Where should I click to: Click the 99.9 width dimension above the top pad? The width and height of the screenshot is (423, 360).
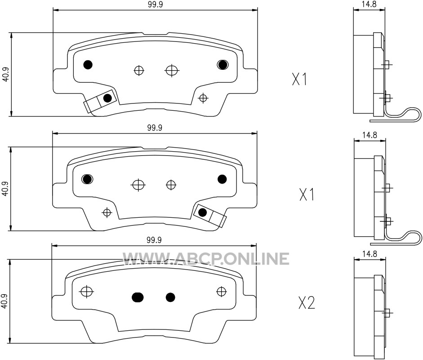click(x=155, y=4)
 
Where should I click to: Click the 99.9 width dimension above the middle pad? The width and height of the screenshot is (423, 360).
click(x=155, y=127)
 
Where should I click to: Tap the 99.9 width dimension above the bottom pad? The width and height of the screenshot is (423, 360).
click(x=154, y=240)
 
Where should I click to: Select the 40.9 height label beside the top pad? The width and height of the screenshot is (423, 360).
click(x=5, y=74)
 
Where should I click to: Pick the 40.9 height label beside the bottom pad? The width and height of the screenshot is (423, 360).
click(x=4, y=301)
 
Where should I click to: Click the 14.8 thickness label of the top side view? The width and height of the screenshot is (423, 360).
click(x=370, y=4)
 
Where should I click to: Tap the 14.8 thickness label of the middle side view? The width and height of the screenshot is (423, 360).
click(x=370, y=135)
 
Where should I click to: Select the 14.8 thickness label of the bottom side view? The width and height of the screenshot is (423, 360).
click(x=370, y=254)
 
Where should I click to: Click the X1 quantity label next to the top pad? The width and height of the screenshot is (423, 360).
click(x=299, y=80)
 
